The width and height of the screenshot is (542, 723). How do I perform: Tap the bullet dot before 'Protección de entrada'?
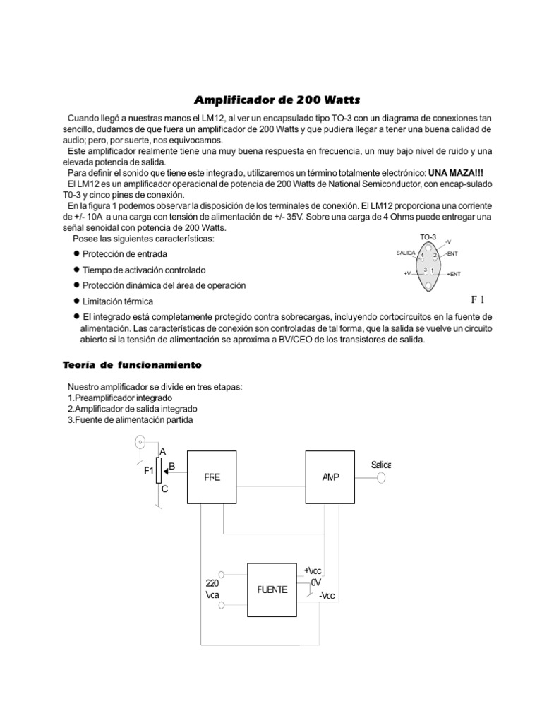point(76,253)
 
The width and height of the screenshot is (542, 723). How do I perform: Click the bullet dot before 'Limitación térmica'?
point(76,301)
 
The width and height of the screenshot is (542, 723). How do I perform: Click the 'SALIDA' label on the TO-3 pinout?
point(406,253)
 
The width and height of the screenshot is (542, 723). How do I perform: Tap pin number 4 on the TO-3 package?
point(422,255)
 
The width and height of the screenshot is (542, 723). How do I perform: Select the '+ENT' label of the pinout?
point(454,273)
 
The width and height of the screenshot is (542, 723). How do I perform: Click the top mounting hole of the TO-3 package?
point(428,247)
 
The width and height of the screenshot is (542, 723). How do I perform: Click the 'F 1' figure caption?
point(479,299)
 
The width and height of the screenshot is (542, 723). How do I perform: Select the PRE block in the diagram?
point(212,477)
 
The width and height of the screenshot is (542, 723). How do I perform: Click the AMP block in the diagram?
point(330,477)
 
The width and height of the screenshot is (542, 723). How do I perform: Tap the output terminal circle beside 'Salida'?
point(382,478)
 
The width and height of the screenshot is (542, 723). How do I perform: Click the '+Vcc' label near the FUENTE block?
point(313,570)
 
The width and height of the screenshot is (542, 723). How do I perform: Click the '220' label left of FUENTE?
point(212,583)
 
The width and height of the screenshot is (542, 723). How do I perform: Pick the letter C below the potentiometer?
point(164,488)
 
